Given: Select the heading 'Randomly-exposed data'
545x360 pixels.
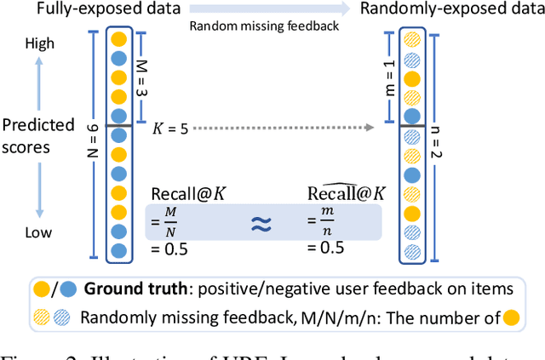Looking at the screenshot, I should (x=451, y=10).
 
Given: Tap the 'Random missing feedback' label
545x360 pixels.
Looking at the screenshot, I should (x=266, y=26).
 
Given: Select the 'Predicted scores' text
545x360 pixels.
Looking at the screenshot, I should (x=37, y=136).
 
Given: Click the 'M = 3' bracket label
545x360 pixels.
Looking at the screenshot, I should (x=142, y=74).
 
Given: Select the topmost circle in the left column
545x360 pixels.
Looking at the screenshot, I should (x=118, y=37).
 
